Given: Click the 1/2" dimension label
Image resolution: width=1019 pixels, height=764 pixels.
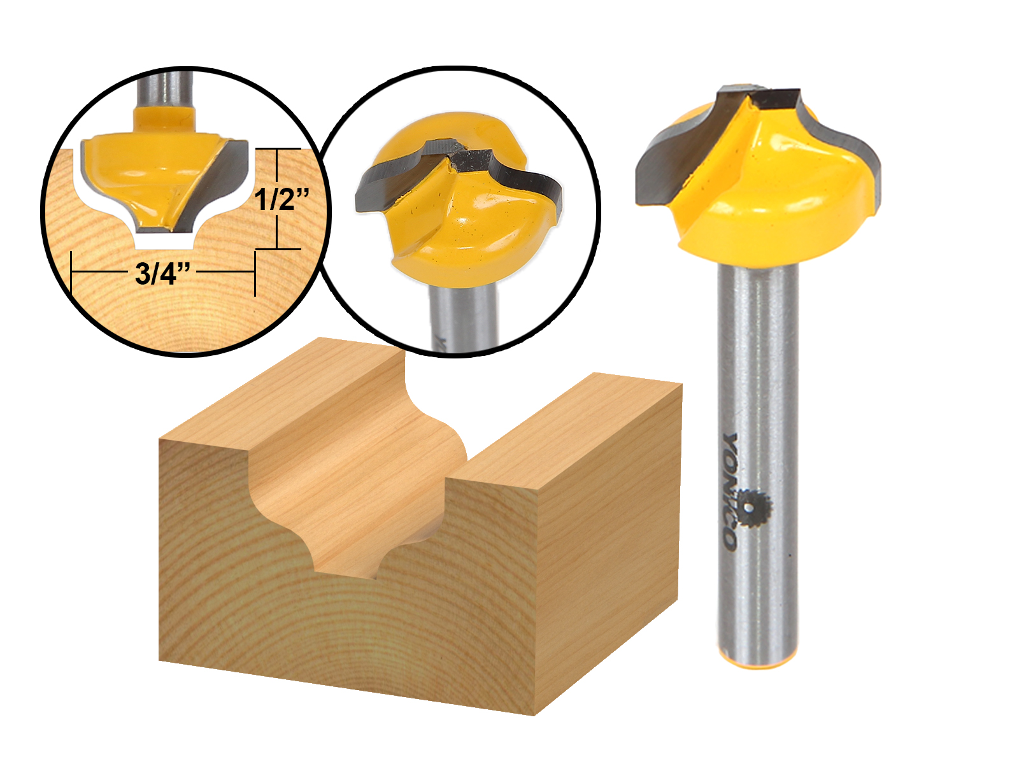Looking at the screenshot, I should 281,199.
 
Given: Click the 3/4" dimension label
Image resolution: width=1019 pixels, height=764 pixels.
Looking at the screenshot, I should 162,274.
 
